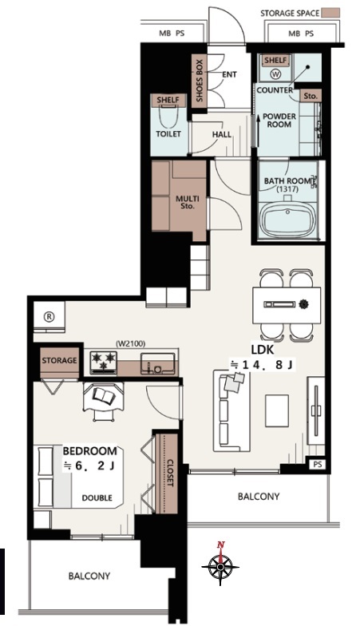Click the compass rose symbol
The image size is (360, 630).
coord(220,567)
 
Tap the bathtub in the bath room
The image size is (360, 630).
coord(287,220)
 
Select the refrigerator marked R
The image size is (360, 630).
coord(49,317)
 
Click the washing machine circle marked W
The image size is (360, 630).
coord(276,74)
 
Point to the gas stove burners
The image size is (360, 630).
coord(103,362)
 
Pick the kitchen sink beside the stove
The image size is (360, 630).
coord(157,363)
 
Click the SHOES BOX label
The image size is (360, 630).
coord(200,81)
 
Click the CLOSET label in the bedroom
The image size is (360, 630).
coord(169,473)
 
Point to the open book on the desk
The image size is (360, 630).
coord(104,397)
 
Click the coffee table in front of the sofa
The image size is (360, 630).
coord(277,410)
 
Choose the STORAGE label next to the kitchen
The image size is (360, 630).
coord(59,360)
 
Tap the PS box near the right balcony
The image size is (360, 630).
coord(318,465)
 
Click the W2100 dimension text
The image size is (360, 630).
coord(130,343)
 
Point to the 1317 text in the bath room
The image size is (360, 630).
coord(287,189)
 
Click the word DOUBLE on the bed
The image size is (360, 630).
coord(97,497)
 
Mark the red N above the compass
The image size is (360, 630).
coord(220,545)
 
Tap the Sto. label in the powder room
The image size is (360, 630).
coord(311,96)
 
